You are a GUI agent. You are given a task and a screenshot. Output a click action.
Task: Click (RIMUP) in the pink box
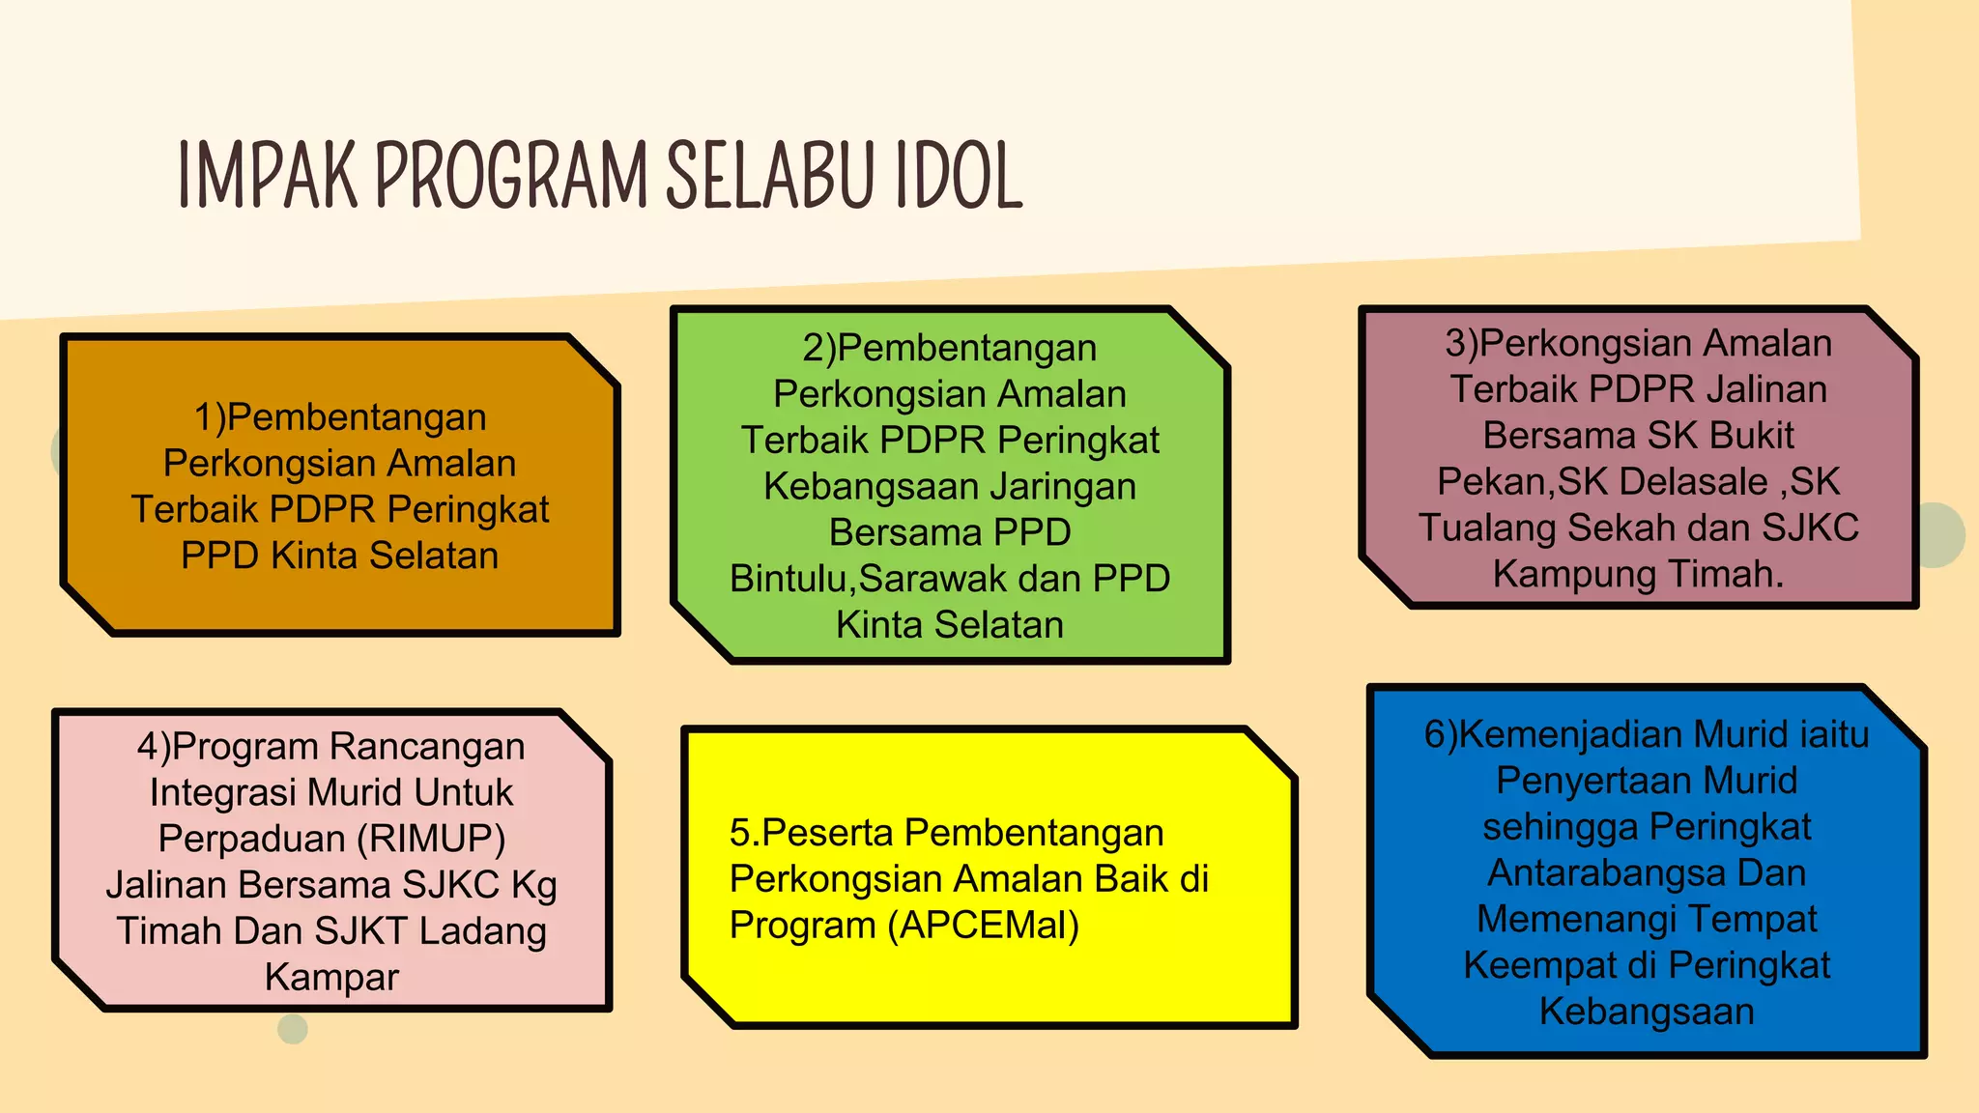[431, 839]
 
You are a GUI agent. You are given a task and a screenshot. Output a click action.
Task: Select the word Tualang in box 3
[1488, 528]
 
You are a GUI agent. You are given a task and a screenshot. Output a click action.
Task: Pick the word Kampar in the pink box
[331, 977]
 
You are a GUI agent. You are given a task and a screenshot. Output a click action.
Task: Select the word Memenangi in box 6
[1550, 919]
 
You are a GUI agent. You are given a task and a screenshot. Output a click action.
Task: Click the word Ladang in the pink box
[483, 931]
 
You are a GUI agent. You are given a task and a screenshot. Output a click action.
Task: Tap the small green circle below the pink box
[293, 1029]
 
